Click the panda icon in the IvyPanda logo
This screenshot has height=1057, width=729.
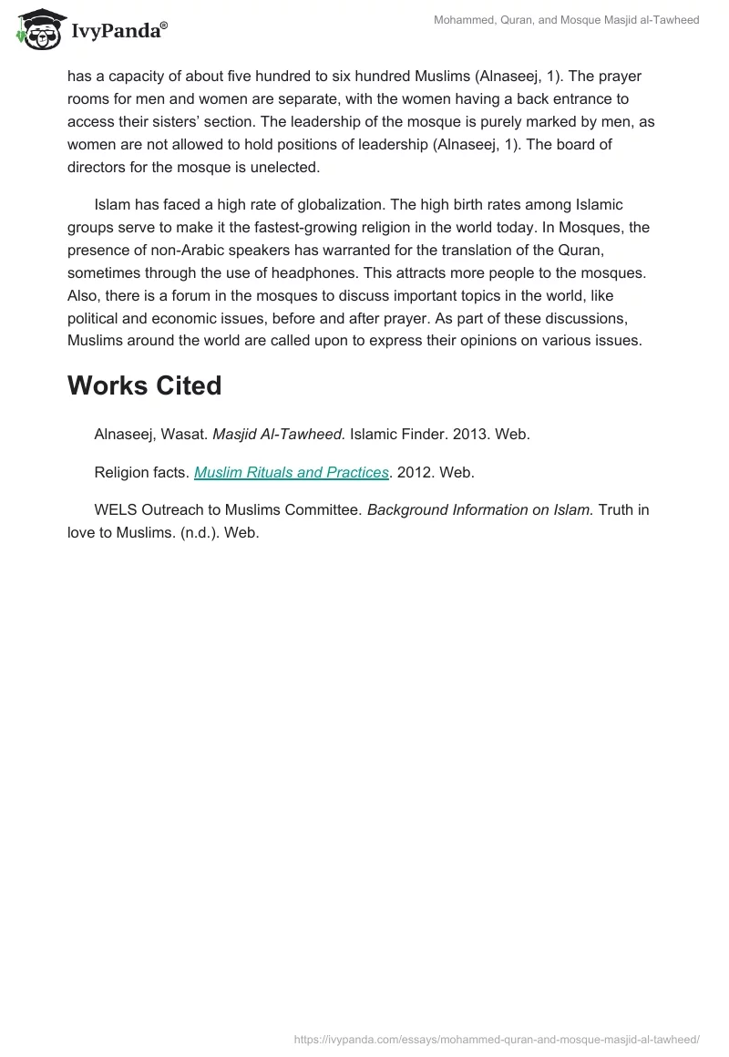pyautogui.click(x=37, y=30)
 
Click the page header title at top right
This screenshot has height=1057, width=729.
pyautogui.click(x=566, y=20)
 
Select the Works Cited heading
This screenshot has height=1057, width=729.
pyautogui.click(x=144, y=385)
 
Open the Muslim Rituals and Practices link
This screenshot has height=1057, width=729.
pyautogui.click(x=292, y=472)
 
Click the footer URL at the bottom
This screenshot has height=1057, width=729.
pyautogui.click(x=497, y=1038)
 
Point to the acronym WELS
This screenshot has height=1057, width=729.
pyautogui.click(x=115, y=510)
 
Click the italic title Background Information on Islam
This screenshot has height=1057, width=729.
pyautogui.click(x=479, y=510)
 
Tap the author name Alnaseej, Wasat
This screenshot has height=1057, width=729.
pyautogui.click(x=150, y=435)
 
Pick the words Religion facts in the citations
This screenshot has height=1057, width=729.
pyautogui.click(x=141, y=472)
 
